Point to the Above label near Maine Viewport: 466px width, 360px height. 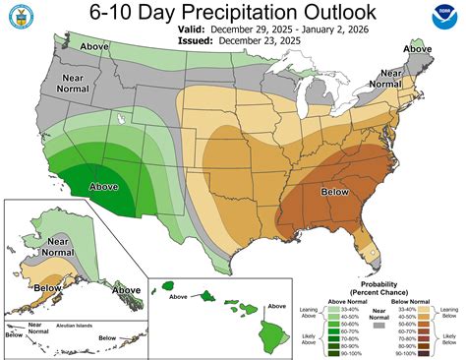pyautogui.click(x=419, y=48)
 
